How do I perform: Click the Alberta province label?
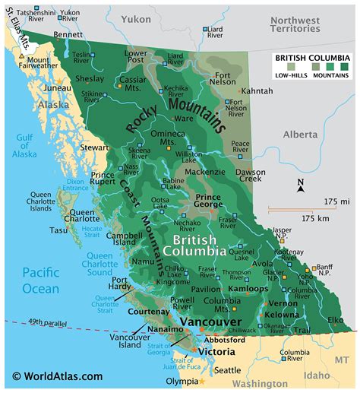click(301, 134)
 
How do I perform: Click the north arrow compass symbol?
click(300, 187)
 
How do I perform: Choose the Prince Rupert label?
click(102, 180)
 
